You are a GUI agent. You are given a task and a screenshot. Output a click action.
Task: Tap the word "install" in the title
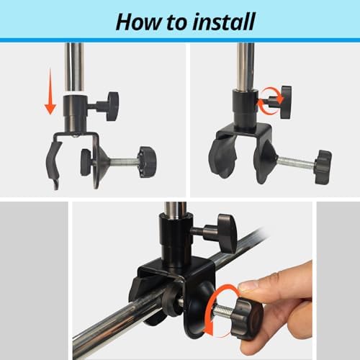click(x=224, y=22)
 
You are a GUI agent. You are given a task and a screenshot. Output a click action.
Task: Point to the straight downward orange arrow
click(x=50, y=91)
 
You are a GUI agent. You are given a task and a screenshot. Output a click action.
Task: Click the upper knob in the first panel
click(x=112, y=106)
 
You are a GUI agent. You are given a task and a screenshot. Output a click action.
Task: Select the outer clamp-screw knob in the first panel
click(x=148, y=162)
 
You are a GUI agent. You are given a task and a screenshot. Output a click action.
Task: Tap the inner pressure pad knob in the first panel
click(x=86, y=162)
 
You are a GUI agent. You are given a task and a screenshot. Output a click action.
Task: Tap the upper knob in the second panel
click(x=287, y=102)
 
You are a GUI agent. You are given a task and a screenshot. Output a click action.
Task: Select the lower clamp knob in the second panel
click(x=323, y=167)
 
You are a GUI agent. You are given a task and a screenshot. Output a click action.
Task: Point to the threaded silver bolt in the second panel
click(x=297, y=163)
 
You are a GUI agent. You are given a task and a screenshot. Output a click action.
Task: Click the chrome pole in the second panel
click(x=246, y=67)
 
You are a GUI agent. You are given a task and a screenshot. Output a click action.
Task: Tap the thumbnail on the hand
click(x=249, y=287)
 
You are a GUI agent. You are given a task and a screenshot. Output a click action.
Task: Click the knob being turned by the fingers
click(x=248, y=319)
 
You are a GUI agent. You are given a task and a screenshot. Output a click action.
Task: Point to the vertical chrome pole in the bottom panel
click(x=176, y=210)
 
